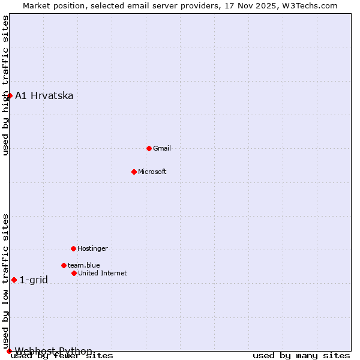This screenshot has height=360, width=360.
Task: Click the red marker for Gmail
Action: [149, 148]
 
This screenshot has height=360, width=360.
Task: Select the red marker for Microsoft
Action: [134, 172]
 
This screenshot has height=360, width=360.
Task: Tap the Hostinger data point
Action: [73, 248]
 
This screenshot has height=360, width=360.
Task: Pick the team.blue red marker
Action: [64, 265]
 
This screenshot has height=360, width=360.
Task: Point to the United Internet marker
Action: [74, 273]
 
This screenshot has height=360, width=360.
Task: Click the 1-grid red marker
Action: [14, 280]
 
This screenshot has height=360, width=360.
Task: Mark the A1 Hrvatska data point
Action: [10, 95]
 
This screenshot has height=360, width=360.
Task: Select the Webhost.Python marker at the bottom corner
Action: [9, 351]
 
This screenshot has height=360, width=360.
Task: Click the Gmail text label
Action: [162, 148]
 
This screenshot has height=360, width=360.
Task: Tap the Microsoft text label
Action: [152, 172]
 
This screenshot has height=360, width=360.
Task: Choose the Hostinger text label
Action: [92, 248]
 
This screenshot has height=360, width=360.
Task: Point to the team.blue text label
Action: [84, 265]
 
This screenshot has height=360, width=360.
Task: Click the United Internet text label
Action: [103, 273]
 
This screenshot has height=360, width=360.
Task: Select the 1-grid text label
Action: [34, 280]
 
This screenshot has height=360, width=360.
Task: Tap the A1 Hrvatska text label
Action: [44, 95]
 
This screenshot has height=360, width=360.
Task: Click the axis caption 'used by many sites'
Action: [301, 356]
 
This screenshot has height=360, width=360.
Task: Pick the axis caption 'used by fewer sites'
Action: [62, 356]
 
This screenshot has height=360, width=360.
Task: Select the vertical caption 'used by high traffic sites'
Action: [6, 85]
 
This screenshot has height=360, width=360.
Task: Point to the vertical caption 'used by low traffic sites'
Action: [6, 281]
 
